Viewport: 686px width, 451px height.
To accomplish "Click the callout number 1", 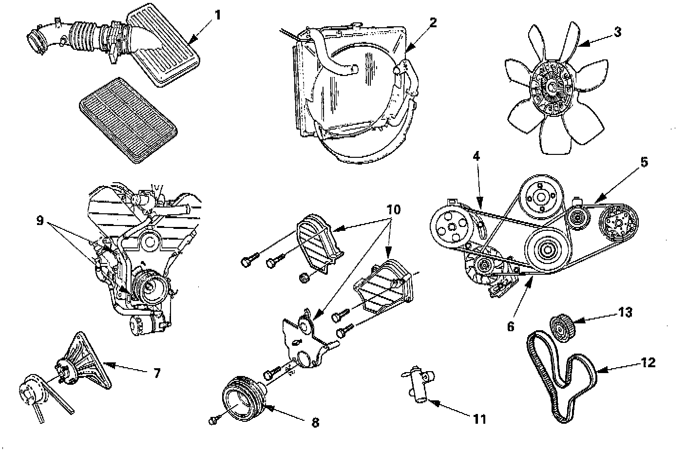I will (217, 15).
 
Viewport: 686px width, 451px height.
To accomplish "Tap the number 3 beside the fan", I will (617, 33).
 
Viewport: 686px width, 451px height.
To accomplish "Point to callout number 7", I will (156, 374).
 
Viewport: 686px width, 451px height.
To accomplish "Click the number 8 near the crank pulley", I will (315, 422).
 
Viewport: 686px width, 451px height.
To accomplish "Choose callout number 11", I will (480, 418).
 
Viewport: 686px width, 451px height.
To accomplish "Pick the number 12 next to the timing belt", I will (648, 362).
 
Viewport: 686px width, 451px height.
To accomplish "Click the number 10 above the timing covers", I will (394, 210).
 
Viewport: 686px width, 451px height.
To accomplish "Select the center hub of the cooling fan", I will (552, 87).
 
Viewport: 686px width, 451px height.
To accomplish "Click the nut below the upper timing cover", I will (303, 278).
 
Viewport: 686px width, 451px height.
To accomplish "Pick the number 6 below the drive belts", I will (510, 326).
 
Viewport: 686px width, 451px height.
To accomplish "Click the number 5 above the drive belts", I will (644, 162).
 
